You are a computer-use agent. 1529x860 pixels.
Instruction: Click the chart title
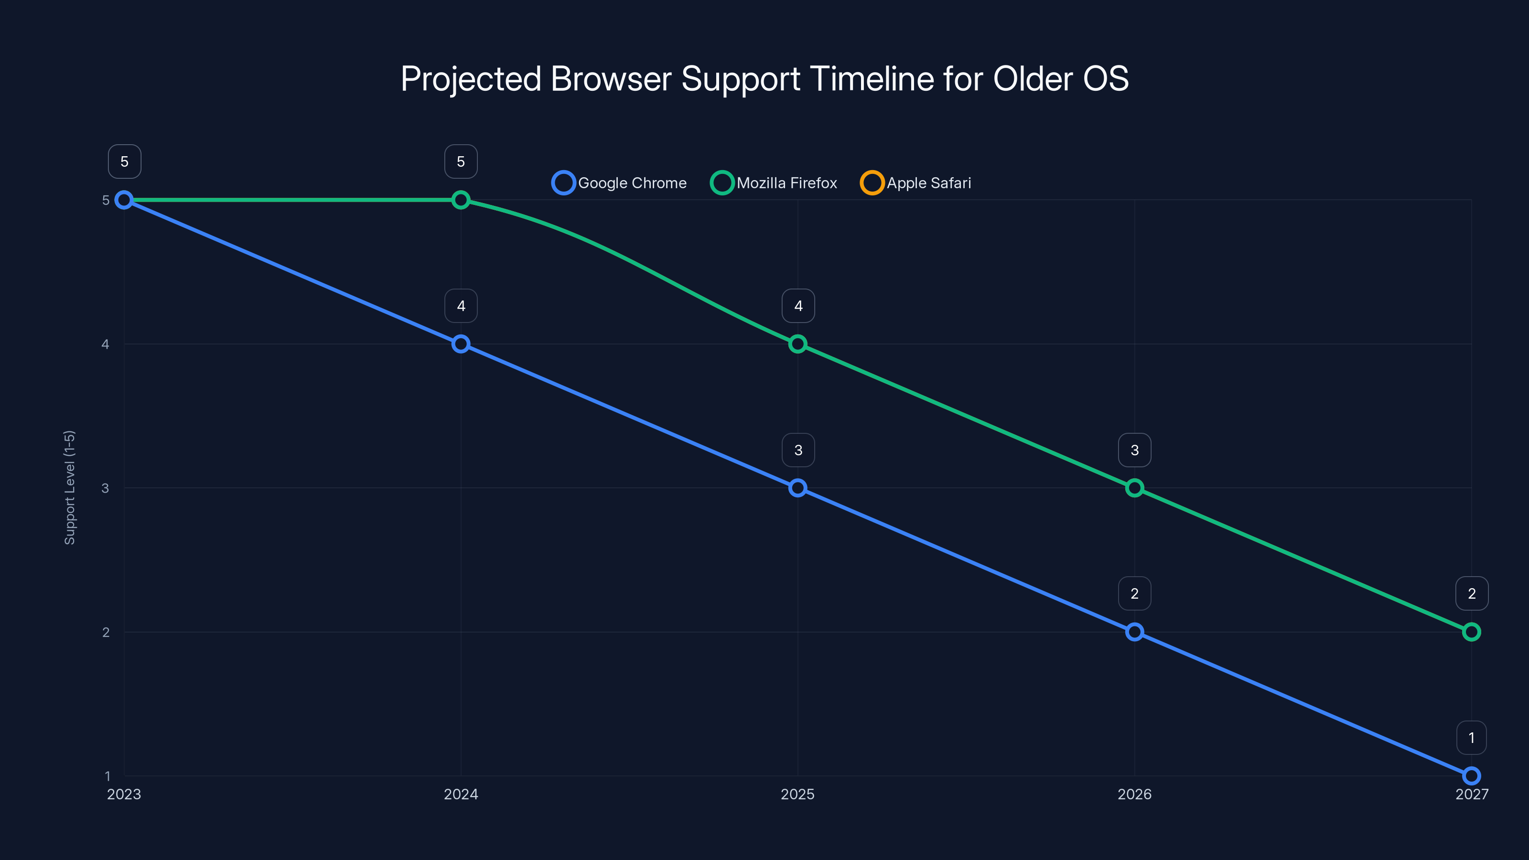(x=764, y=79)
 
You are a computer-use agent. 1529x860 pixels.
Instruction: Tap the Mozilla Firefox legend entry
(x=774, y=183)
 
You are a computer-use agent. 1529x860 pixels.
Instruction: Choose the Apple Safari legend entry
(x=916, y=183)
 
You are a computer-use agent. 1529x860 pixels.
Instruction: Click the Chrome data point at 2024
(x=461, y=344)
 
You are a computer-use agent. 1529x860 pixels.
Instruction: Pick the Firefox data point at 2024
(x=461, y=200)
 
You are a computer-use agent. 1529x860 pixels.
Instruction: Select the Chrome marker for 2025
(x=798, y=488)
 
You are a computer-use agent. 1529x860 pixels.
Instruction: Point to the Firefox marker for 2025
(x=798, y=344)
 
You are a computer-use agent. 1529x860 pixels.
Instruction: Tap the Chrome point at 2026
(x=1134, y=632)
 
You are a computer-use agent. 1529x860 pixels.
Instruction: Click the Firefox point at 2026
(x=1134, y=488)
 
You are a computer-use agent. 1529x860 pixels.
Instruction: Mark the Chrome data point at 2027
(x=1472, y=776)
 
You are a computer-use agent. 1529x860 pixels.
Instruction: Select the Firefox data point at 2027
(x=1472, y=632)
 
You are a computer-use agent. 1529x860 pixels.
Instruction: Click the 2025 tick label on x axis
(x=798, y=794)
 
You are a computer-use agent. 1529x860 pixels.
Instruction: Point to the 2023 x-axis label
(x=124, y=794)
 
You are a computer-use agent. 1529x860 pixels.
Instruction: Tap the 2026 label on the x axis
(x=1134, y=794)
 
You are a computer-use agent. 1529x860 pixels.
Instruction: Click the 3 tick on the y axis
(x=105, y=488)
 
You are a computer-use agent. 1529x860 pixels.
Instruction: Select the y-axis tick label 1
(x=108, y=776)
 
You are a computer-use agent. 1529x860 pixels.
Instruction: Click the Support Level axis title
(x=69, y=487)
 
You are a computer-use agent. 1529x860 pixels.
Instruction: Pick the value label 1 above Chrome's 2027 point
(x=1472, y=738)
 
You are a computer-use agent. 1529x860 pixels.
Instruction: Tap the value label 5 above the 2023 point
(x=124, y=161)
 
